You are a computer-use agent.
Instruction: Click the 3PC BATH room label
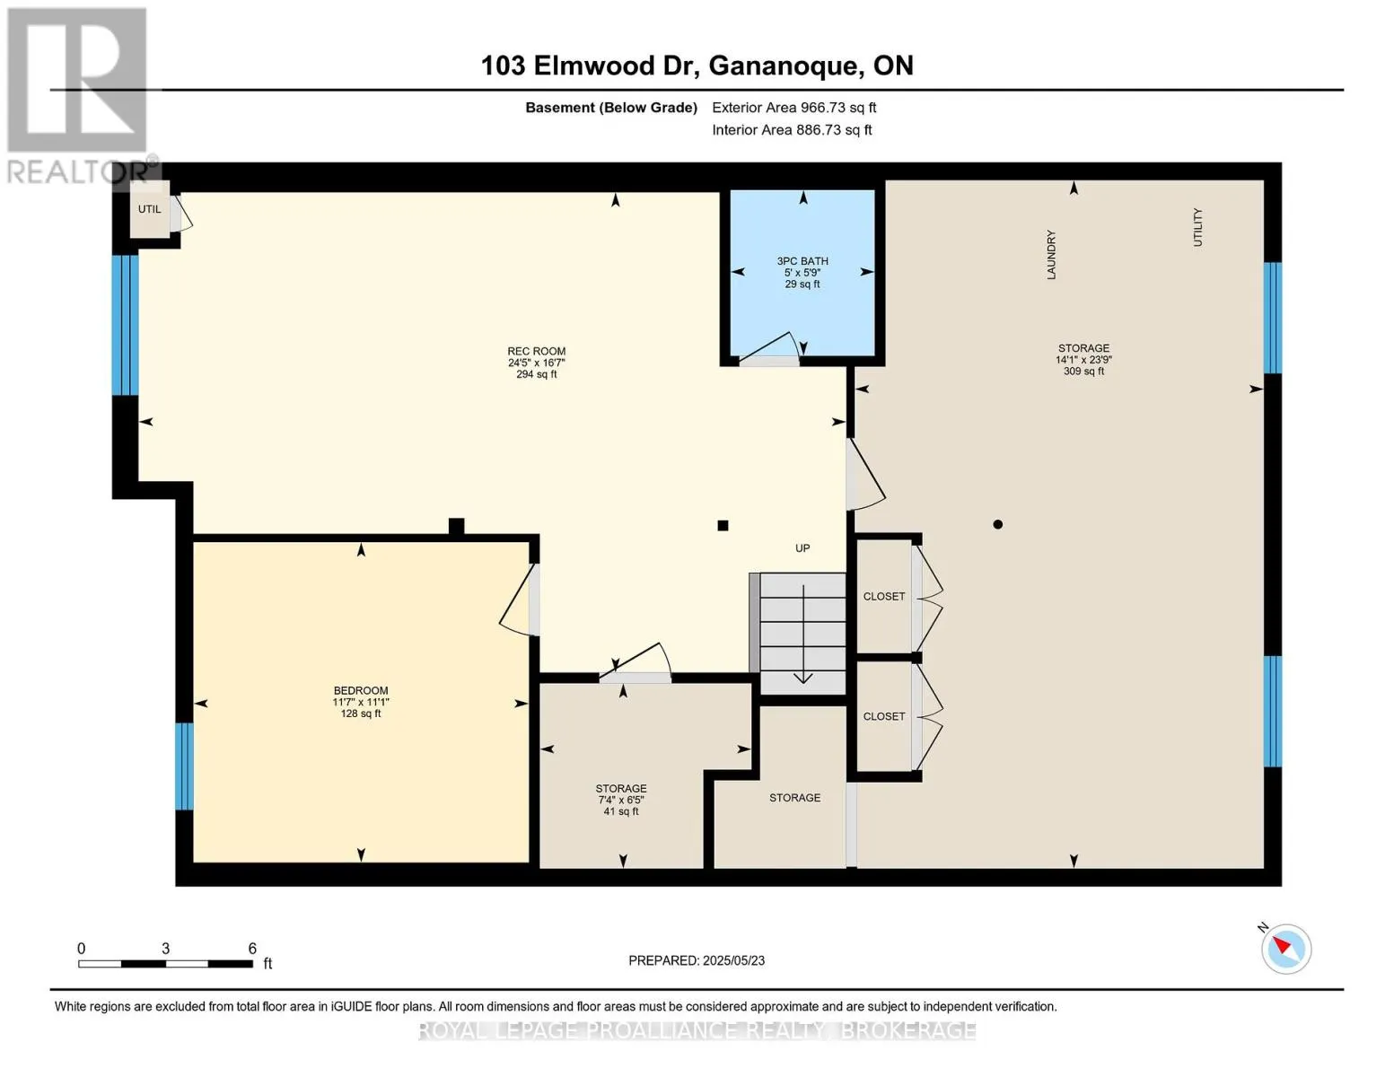point(802,261)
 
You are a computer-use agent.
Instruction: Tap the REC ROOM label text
point(536,352)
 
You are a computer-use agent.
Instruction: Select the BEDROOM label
point(361,691)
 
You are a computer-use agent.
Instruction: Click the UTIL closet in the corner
point(150,210)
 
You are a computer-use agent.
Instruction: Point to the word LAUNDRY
point(1051,255)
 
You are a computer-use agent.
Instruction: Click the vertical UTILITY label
point(1197,227)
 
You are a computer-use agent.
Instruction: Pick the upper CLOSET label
point(884,597)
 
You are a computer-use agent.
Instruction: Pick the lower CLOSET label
point(884,716)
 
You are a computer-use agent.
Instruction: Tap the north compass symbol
point(1285,948)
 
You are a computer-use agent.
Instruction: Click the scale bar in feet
point(165,964)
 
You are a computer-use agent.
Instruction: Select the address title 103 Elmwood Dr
point(697,66)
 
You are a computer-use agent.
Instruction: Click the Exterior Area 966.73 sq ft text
point(793,108)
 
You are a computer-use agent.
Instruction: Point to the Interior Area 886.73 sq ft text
point(792,130)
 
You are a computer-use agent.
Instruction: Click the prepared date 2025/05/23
point(697,960)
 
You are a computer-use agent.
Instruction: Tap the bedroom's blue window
point(184,766)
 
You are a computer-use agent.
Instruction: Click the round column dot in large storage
point(997,525)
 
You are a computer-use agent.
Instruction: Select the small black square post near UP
point(723,526)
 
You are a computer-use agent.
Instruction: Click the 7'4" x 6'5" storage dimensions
point(621,800)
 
